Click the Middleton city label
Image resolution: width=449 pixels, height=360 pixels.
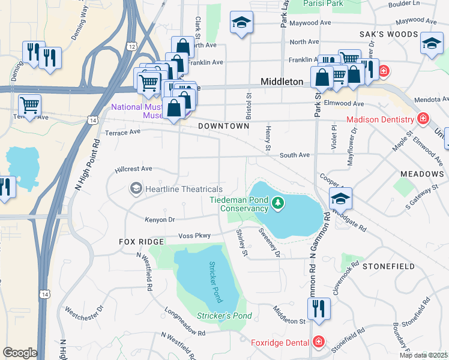coord(282,81)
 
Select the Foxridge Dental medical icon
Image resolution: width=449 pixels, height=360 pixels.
coord(319,342)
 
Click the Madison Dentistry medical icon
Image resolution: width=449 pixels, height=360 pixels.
coord(424,118)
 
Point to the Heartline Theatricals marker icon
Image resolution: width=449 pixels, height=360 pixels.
coord(136,189)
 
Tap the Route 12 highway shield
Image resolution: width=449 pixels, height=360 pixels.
coord(131,46)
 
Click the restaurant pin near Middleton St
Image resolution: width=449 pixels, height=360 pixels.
coord(318,308)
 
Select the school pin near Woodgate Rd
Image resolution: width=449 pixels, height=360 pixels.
coord(340,197)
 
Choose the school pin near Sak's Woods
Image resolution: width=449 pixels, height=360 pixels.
coord(431,44)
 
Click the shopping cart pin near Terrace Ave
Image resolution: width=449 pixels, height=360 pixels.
coord(29,105)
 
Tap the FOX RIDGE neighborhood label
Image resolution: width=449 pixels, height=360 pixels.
coord(141,241)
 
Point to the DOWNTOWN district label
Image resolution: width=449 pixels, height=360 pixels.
coord(223,127)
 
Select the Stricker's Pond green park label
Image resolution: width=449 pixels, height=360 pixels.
coord(224,316)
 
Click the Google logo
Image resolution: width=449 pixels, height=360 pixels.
coord(20,353)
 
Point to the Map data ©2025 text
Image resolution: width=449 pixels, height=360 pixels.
coord(423,355)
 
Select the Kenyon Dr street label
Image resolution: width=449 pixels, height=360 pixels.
coord(159,219)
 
